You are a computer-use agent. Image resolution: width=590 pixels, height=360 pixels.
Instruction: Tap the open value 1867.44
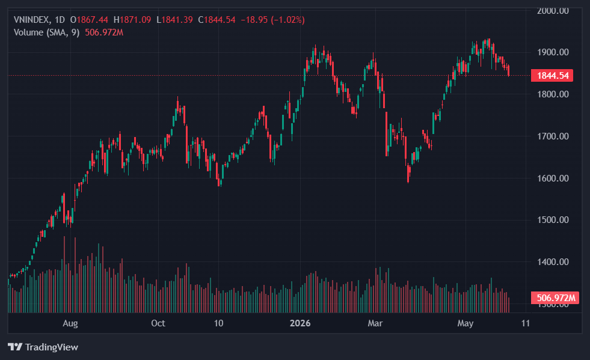tap(92, 20)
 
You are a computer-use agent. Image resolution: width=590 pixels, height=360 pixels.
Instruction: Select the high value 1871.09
tap(135, 20)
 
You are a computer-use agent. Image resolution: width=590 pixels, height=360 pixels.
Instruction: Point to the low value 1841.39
tap(177, 20)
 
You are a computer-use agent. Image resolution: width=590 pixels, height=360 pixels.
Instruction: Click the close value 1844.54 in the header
tap(220, 20)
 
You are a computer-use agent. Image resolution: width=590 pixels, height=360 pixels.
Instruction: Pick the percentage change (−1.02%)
tap(288, 20)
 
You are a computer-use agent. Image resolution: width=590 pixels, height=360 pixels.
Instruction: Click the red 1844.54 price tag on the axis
tap(552, 76)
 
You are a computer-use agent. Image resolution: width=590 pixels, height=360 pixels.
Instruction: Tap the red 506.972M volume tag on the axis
tap(555, 298)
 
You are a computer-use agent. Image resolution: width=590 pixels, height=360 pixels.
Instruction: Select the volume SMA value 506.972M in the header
tap(104, 32)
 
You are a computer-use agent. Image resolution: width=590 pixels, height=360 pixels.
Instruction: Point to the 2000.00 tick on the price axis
tap(553, 11)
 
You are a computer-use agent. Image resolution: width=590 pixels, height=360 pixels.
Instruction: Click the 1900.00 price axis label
tap(553, 52)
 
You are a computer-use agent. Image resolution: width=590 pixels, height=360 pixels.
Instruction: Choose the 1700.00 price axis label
tap(553, 136)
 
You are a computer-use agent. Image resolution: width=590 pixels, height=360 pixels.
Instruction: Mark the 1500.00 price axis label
tap(553, 220)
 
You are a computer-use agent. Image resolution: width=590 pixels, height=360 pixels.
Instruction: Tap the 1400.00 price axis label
tap(553, 262)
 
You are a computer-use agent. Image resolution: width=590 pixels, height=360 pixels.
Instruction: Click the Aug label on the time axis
tap(70, 323)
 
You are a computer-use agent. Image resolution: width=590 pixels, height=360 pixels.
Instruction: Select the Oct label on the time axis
tap(158, 323)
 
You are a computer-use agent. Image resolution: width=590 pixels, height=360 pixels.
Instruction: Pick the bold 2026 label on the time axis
tap(300, 323)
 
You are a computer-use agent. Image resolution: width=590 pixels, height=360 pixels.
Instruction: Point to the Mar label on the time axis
tap(375, 323)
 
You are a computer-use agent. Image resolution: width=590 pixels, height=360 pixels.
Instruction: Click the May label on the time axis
tap(466, 323)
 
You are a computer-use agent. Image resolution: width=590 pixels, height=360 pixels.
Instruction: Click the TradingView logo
tap(43, 347)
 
